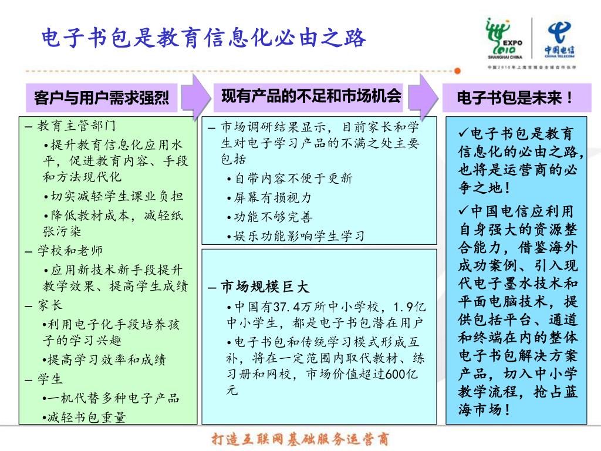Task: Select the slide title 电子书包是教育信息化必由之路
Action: [204, 38]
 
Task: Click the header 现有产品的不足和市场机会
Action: [311, 96]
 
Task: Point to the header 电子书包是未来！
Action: [515, 97]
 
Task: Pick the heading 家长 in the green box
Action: [50, 305]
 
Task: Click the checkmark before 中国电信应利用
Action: [463, 210]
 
